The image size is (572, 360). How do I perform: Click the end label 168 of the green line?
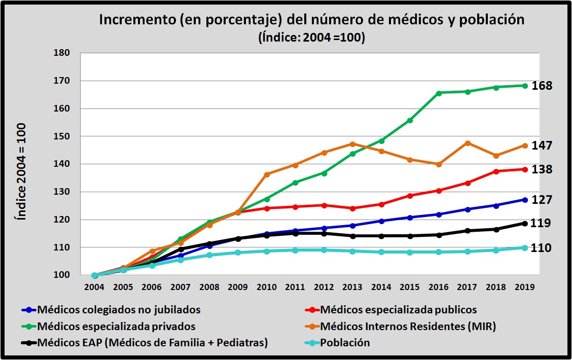542,86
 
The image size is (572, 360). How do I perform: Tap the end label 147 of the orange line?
542,146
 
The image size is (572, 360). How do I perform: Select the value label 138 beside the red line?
542,169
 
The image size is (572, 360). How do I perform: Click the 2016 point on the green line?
439,93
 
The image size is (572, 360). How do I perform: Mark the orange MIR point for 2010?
267,174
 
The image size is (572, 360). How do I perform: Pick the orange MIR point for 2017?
468,143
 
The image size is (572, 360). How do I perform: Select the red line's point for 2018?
496,171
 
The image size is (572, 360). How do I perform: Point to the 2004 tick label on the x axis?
95,286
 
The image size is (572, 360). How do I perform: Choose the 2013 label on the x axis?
353,286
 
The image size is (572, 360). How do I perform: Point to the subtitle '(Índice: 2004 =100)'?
311,38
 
